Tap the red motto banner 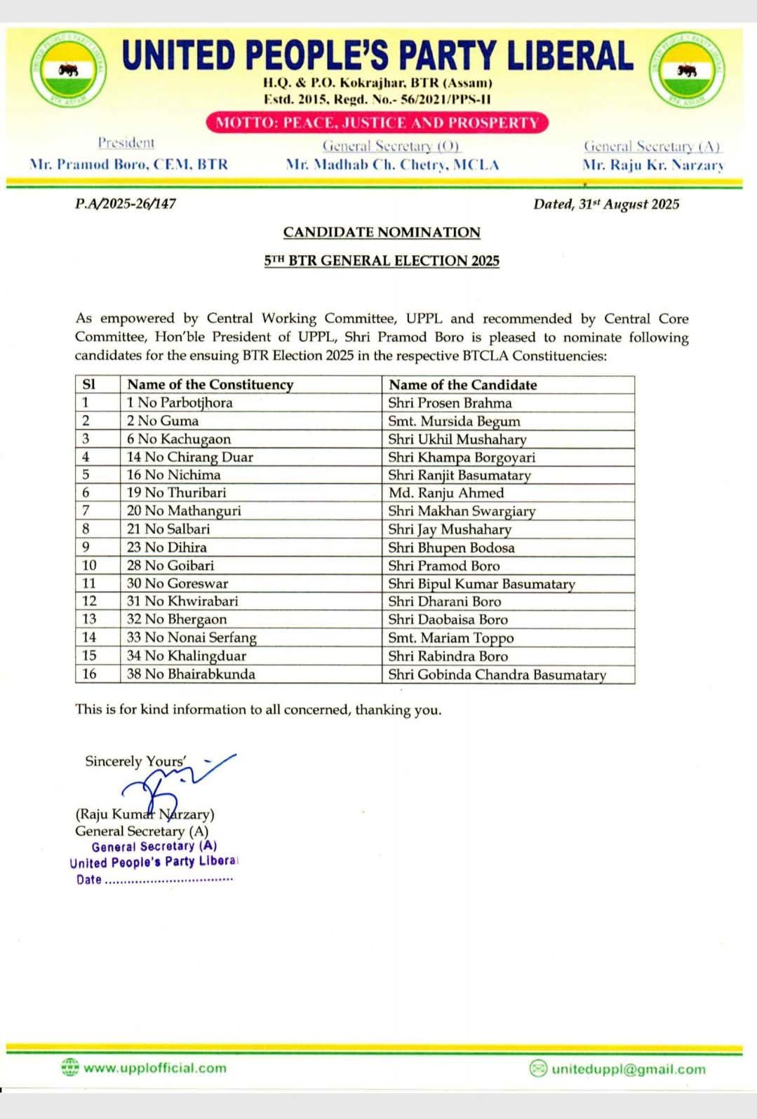point(377,123)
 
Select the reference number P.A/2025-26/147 point(126,204)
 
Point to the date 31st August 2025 point(606,204)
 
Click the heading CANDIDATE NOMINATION point(382,232)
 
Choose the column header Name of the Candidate point(462,384)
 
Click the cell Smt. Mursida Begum point(454,421)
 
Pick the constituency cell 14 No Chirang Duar point(189,457)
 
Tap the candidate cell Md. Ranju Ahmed point(446,493)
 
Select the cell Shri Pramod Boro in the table point(444,565)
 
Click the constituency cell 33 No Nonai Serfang point(192,637)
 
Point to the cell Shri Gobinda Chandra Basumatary point(497,674)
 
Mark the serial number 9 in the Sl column point(86,547)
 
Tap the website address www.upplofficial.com point(155,1068)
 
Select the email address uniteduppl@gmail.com point(629,1069)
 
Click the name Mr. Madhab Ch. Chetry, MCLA point(392,165)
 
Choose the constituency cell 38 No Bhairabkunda point(191,674)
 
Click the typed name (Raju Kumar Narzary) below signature point(145,814)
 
